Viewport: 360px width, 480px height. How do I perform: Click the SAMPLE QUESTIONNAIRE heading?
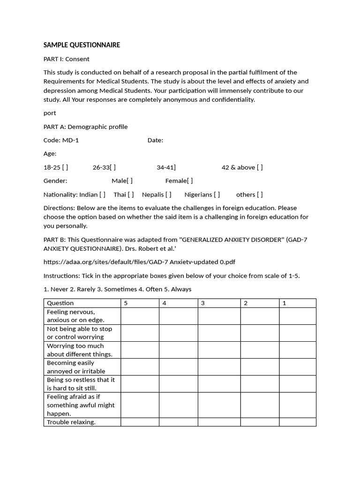[82, 45]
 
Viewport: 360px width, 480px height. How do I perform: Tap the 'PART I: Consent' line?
[66, 59]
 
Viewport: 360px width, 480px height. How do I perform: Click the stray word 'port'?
[50, 113]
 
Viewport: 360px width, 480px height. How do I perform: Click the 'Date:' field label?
[155, 140]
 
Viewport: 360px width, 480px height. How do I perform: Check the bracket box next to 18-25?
[65, 167]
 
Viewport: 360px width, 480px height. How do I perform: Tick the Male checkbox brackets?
[129, 181]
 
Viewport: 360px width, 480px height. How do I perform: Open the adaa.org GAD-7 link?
[142, 262]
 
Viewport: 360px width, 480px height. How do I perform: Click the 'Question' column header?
[60, 303]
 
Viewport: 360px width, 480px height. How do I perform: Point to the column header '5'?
[126, 303]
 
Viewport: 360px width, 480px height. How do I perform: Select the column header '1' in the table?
[285, 303]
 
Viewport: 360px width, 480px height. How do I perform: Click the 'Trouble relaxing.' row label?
[71, 422]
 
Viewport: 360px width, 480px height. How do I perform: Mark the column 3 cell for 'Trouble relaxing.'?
[219, 422]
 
